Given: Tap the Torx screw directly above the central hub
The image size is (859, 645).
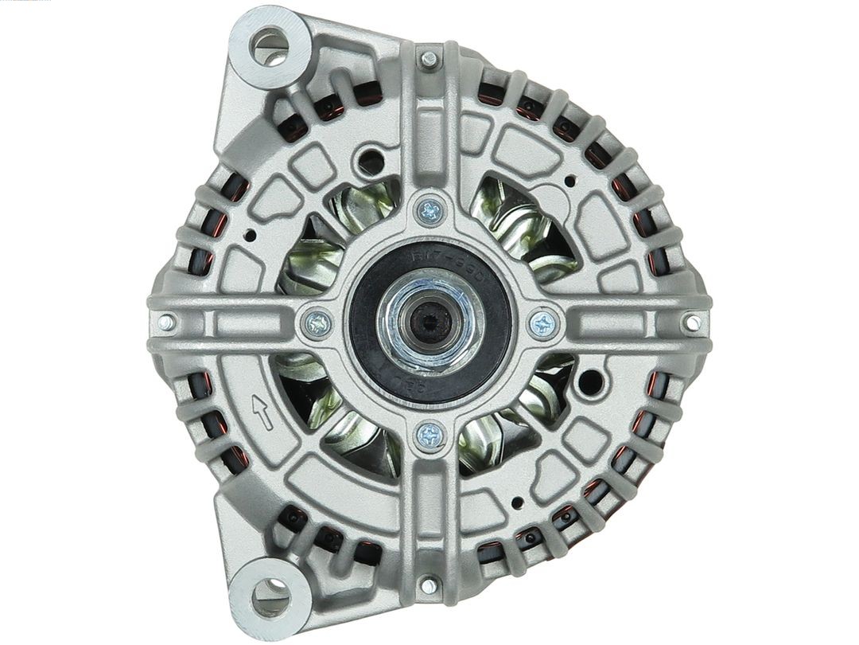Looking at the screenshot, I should click(x=430, y=211).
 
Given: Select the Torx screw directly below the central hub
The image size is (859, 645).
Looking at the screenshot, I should click(x=430, y=434).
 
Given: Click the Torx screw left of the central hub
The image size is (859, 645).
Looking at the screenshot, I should click(x=318, y=322).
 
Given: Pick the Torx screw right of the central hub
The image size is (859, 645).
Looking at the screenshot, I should click(x=543, y=322).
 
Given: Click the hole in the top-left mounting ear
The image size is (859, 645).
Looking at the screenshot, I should click(x=269, y=45).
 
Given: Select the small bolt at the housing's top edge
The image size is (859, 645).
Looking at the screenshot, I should click(x=429, y=59).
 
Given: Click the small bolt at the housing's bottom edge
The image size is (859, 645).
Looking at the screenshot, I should click(x=429, y=585).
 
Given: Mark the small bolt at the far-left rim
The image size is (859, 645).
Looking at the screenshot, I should click(x=166, y=322).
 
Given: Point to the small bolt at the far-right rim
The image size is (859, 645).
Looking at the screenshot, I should click(x=693, y=322).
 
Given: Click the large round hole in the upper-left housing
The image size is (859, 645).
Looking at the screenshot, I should click(x=370, y=162).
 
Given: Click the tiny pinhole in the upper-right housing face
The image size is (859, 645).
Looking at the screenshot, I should click(x=569, y=182).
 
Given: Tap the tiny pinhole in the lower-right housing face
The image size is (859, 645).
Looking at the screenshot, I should click(x=518, y=502).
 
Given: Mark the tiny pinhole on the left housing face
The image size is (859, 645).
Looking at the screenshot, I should click(x=250, y=236).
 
